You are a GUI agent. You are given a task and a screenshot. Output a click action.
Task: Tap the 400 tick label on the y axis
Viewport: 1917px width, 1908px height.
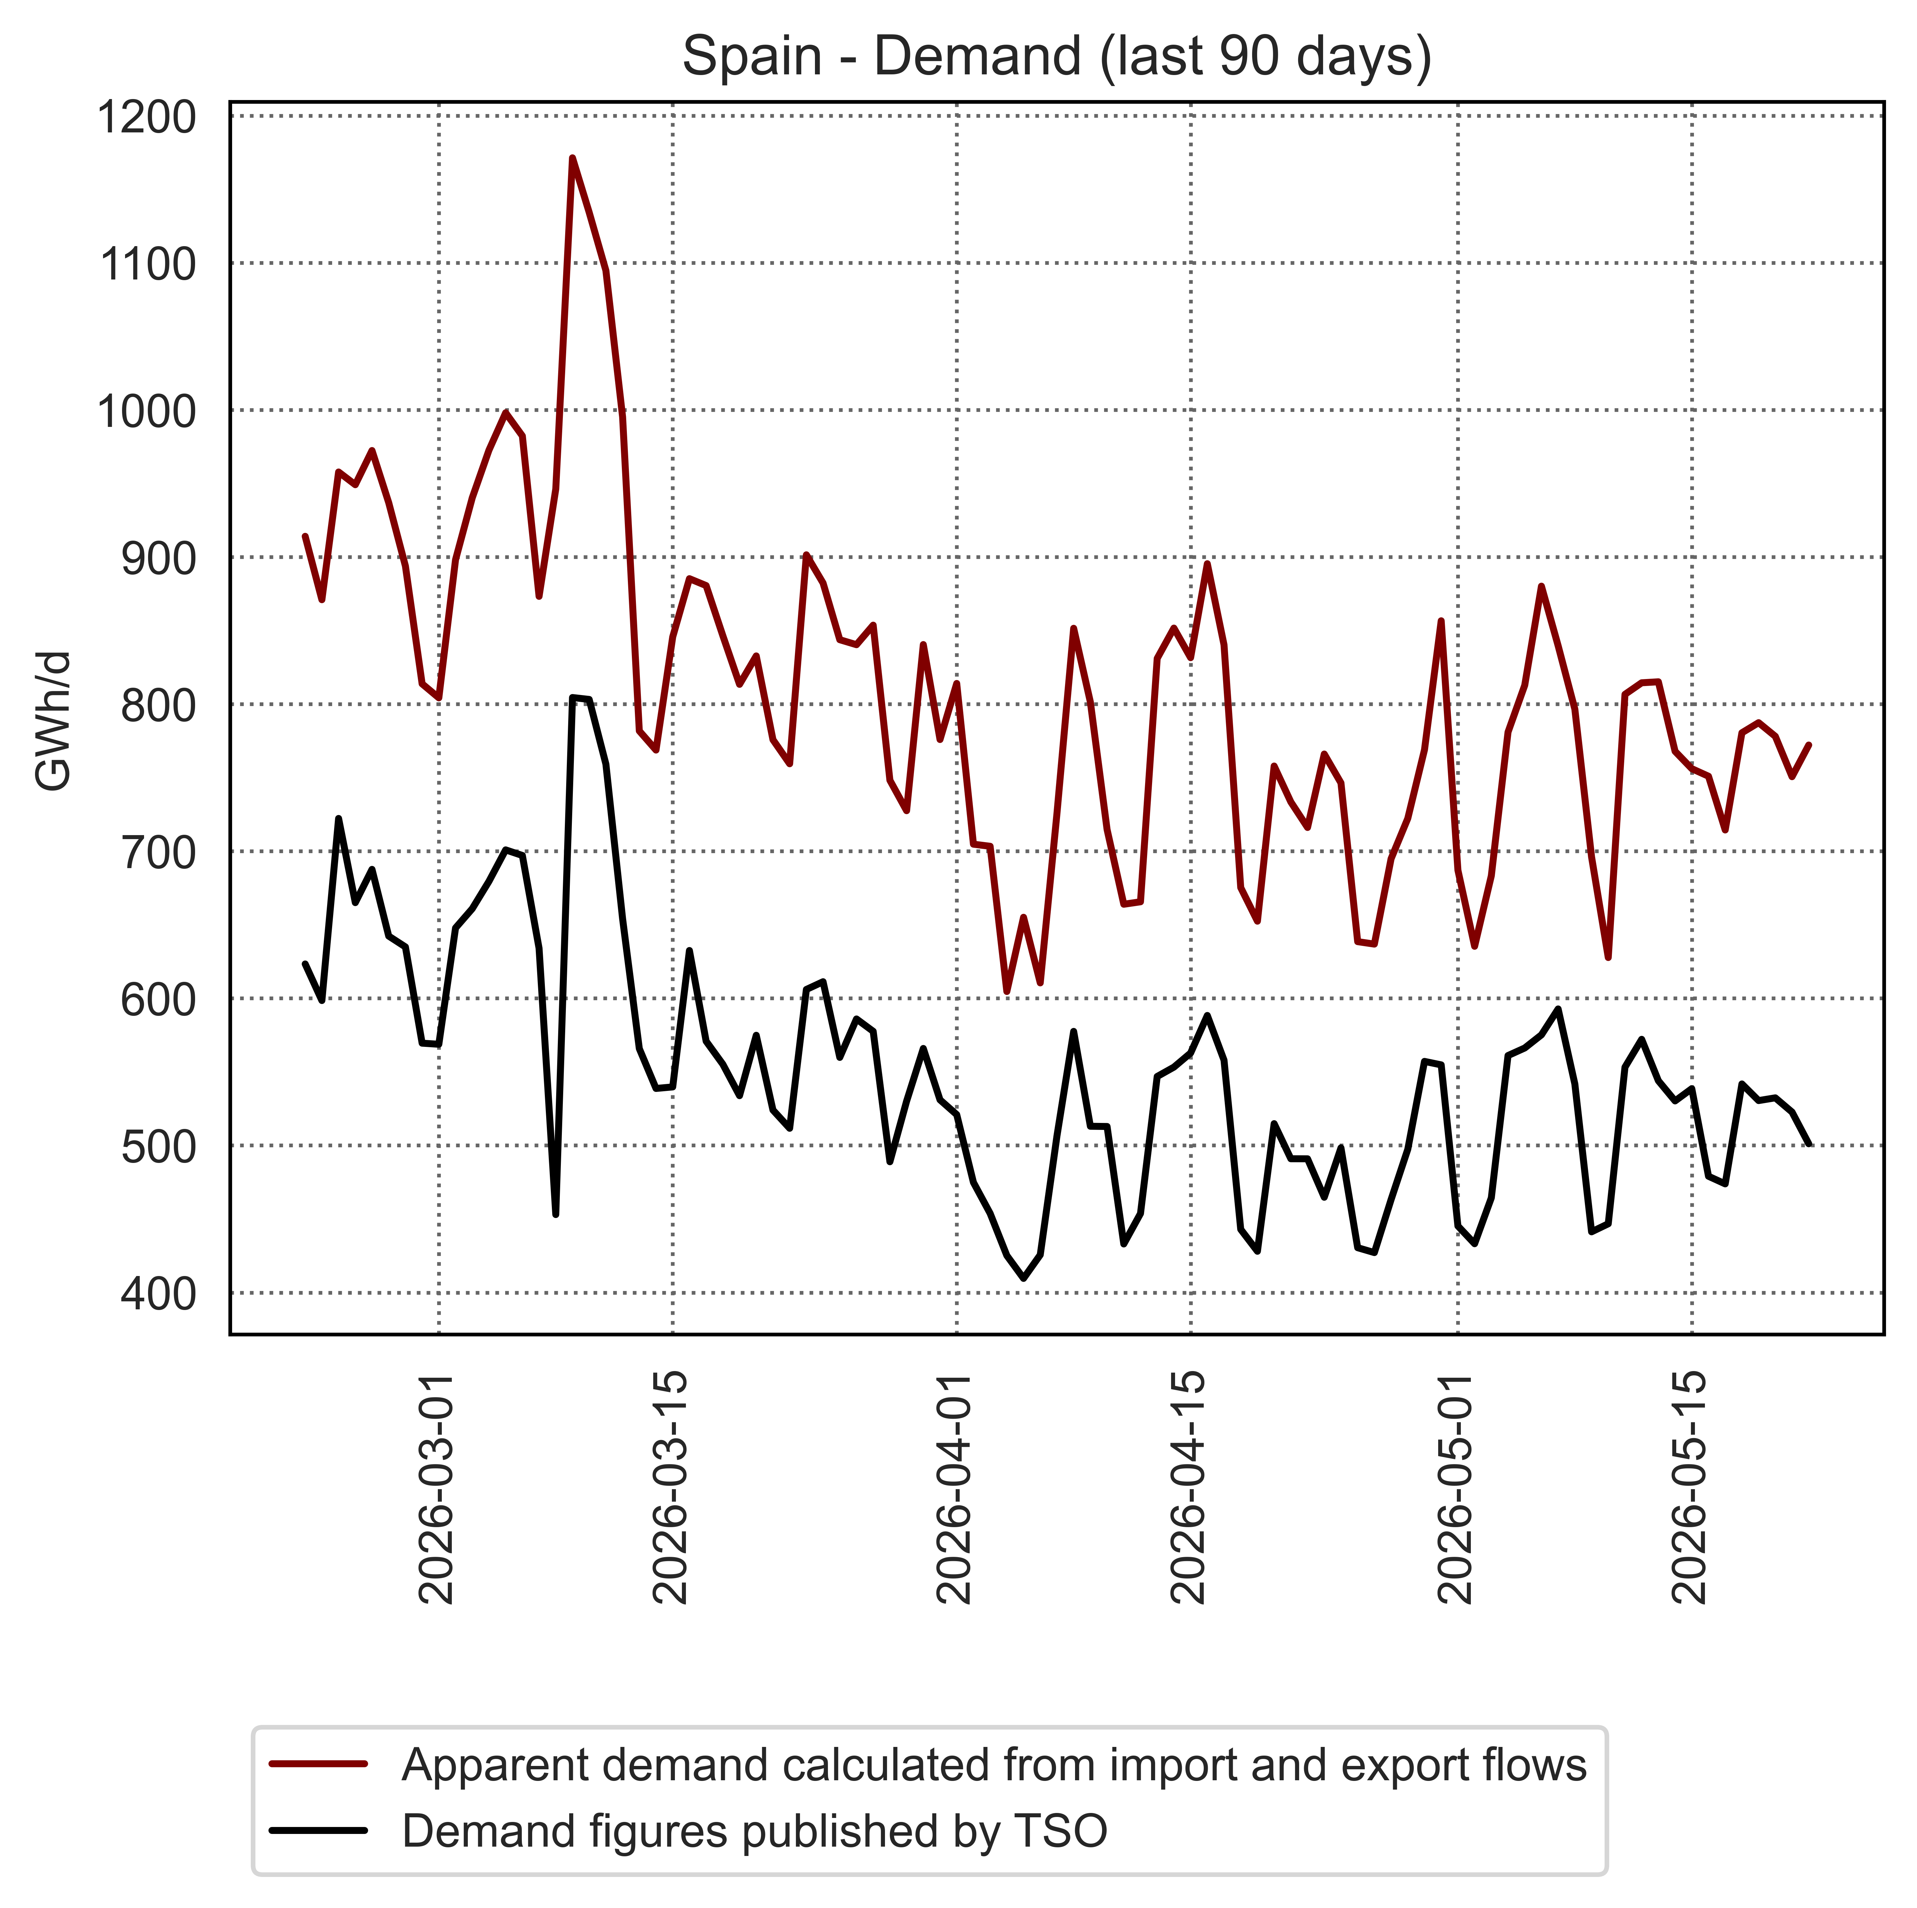159,1294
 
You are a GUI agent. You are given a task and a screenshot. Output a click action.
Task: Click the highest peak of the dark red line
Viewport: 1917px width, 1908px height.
573,158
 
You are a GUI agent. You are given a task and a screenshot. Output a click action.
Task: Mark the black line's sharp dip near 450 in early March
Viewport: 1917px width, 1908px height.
556,1213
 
